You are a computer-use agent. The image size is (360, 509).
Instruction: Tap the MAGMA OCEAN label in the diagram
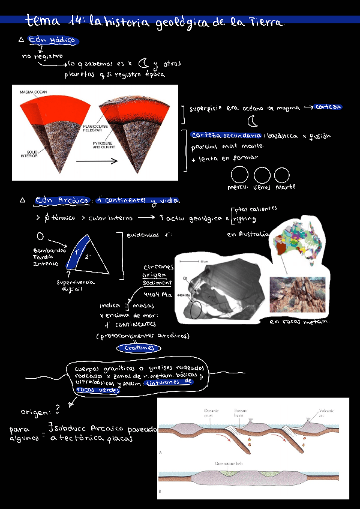[x=34, y=92]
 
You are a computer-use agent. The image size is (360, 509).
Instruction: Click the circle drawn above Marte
[x=281, y=175]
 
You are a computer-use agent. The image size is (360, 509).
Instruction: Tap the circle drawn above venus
[x=262, y=175]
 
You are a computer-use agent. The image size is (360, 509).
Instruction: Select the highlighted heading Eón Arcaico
[x=61, y=200]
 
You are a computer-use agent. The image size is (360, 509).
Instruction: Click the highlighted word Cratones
[x=139, y=348]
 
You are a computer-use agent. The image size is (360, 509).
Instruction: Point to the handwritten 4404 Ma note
[x=158, y=294]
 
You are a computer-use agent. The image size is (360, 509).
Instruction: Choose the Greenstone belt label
[x=228, y=464]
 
